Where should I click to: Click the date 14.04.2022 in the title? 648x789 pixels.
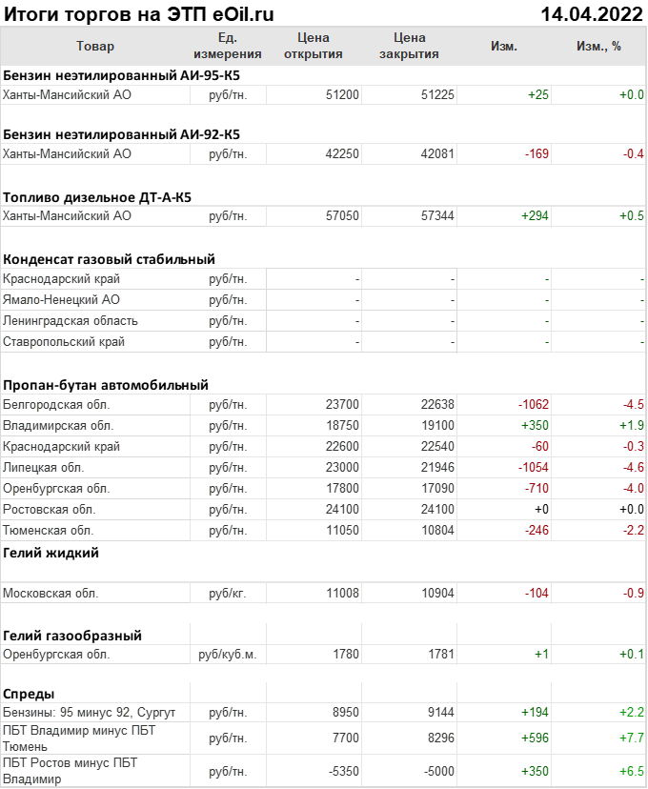pyautogui.click(x=590, y=14)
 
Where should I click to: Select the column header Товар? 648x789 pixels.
pyautogui.click(x=94, y=46)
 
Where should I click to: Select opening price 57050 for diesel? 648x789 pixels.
pyautogui.click(x=342, y=216)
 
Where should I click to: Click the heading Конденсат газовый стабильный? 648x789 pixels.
pyautogui.click(x=109, y=259)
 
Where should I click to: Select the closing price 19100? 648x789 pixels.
pyautogui.click(x=437, y=426)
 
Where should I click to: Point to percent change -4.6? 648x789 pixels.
pyautogui.click(x=634, y=468)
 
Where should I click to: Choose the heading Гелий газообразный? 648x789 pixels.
pyautogui.click(x=72, y=636)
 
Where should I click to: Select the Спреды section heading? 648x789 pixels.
pyautogui.click(x=29, y=694)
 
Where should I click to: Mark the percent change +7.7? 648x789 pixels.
pyautogui.click(x=632, y=738)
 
